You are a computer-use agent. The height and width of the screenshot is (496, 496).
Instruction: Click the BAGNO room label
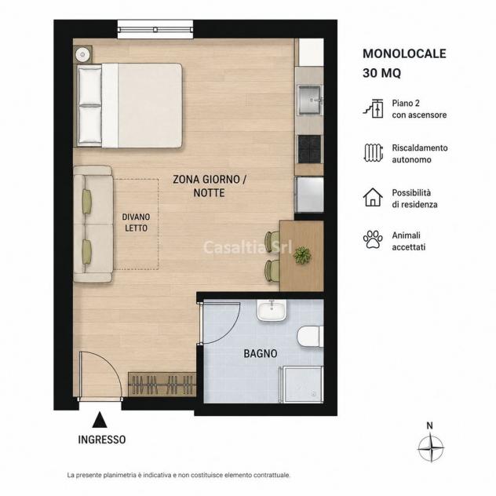[261, 353]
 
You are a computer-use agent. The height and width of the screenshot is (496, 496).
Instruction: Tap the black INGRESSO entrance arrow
[100, 420]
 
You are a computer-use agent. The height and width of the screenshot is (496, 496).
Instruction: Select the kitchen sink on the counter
[310, 100]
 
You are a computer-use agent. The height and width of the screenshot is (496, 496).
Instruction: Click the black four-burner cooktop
[310, 149]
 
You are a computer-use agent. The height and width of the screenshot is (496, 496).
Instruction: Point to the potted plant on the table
[302, 255]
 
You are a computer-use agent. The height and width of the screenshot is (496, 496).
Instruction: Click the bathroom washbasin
[272, 310]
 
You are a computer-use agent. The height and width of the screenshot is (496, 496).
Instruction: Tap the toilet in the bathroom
[311, 337]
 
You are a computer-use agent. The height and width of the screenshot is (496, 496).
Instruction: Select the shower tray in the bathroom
[301, 385]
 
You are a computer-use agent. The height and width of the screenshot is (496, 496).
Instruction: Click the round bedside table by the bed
[83, 54]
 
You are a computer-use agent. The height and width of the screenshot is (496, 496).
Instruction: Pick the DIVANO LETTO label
[136, 222]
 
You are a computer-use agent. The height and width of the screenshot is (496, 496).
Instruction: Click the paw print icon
[373, 239]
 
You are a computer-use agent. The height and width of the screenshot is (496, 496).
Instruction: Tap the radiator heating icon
[374, 153]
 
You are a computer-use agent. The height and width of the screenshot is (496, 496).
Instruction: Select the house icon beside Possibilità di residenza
[373, 197]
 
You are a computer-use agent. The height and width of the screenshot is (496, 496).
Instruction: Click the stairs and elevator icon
[374, 108]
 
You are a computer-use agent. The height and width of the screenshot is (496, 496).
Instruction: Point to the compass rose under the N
[431, 448]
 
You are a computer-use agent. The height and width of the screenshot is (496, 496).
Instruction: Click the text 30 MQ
[381, 73]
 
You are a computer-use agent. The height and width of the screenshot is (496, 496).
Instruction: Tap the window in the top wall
[155, 29]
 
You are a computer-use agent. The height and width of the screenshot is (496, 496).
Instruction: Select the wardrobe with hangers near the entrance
[162, 384]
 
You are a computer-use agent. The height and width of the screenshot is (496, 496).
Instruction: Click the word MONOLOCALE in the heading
[404, 54]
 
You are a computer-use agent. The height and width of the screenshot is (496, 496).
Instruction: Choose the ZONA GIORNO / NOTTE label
[209, 186]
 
